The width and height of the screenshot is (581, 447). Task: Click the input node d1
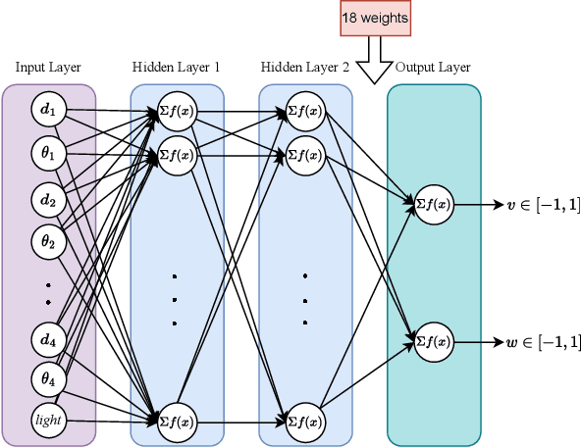point(48,109)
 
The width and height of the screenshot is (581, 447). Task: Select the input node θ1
point(48,153)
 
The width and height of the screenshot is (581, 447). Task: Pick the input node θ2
point(48,238)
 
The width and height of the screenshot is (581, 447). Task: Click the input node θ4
point(48,377)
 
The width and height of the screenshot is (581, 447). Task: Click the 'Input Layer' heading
point(48,68)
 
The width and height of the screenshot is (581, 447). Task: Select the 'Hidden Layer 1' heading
point(177,68)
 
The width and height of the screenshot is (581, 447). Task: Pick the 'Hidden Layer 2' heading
point(305,68)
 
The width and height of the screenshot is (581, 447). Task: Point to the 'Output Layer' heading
point(433,68)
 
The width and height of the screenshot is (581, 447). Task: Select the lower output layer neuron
point(433,341)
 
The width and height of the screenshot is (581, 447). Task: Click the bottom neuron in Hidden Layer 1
point(177,422)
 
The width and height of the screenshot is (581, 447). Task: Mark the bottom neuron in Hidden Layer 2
point(305,422)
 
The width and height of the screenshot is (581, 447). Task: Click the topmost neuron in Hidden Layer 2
point(305,111)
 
